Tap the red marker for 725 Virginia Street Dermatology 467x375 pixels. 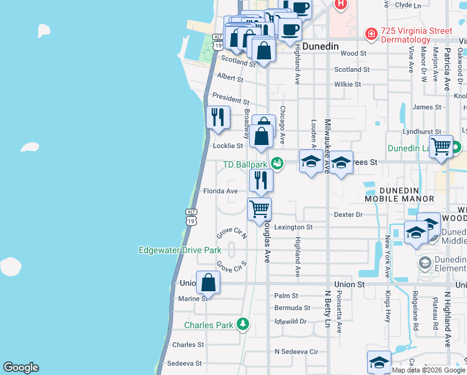point(371,32)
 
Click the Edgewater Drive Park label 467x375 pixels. point(180,250)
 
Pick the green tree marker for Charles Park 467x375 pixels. point(243,324)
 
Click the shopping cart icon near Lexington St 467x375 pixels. point(259,208)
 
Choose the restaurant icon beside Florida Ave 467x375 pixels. point(261,180)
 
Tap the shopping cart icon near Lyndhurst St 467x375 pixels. point(441,146)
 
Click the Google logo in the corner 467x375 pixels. point(21,367)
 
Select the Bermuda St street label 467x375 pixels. point(292,308)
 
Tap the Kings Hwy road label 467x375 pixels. point(387,257)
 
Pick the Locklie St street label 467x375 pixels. point(228,146)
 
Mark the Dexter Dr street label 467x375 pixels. point(348,214)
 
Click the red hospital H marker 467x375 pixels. point(340,4)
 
